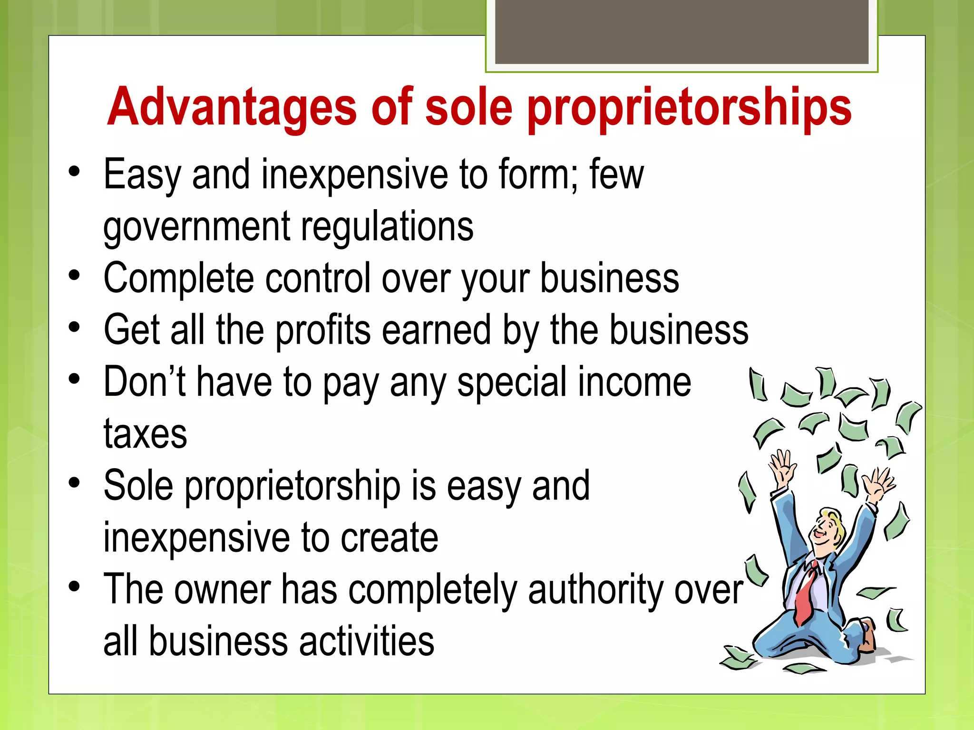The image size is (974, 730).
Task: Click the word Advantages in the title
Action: pyautogui.click(x=232, y=108)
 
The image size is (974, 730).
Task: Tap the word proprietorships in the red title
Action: pyautogui.click(x=689, y=108)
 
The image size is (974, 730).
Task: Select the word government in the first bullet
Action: pyautogui.click(x=196, y=227)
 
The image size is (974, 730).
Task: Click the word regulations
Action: pyautogui.click(x=387, y=226)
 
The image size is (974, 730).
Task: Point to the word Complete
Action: pyautogui.click(x=179, y=279)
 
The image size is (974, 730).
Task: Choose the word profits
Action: pyautogui.click(x=323, y=331)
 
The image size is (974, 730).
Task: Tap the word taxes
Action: pyautogui.click(x=145, y=434)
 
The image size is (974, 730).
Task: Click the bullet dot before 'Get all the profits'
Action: pyautogui.click(x=74, y=327)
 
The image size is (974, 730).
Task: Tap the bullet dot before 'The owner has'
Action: pyautogui.click(x=74, y=586)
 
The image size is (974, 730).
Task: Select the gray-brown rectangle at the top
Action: pyautogui.click(x=682, y=31)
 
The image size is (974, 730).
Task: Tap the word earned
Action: pyautogui.click(x=437, y=330)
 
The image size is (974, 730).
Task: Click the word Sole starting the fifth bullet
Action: pyautogui.click(x=138, y=486)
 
